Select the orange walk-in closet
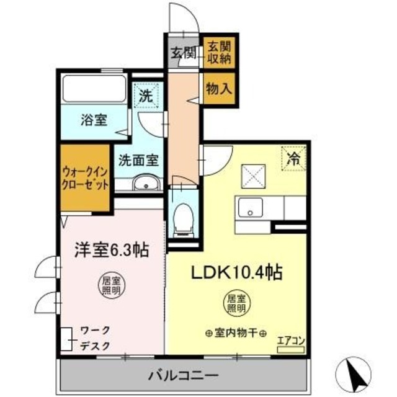[x=86, y=177]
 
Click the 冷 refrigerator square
[x=293, y=158]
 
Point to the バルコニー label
[x=183, y=375]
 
